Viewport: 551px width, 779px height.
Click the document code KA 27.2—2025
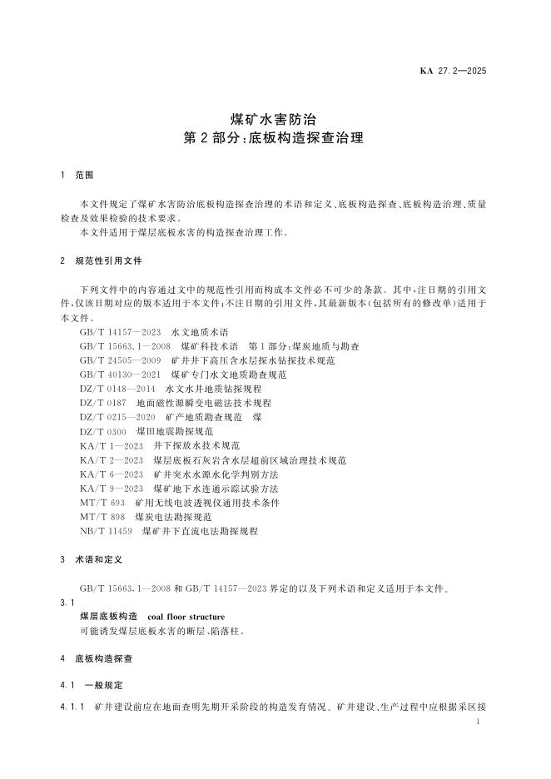click(x=453, y=70)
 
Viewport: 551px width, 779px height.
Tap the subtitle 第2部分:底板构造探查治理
click(x=275, y=138)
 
